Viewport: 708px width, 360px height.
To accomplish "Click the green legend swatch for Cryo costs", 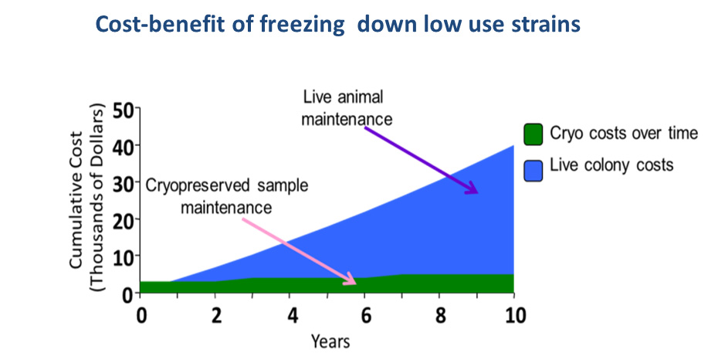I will [x=534, y=133].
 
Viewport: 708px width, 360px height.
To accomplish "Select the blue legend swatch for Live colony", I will [x=534, y=166].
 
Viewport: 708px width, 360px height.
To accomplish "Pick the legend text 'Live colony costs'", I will [x=605, y=165].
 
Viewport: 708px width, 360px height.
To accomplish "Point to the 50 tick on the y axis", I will [x=123, y=109].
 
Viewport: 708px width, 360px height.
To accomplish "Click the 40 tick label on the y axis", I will [x=123, y=146].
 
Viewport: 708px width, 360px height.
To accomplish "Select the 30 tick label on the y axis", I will [x=123, y=183].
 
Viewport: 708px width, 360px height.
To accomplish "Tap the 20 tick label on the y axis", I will [x=123, y=220].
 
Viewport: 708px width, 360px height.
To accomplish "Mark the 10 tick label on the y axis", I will [x=123, y=256].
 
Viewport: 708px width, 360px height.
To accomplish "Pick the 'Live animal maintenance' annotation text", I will [x=347, y=108].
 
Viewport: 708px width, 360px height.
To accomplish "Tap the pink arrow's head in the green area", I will [x=351, y=281].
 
